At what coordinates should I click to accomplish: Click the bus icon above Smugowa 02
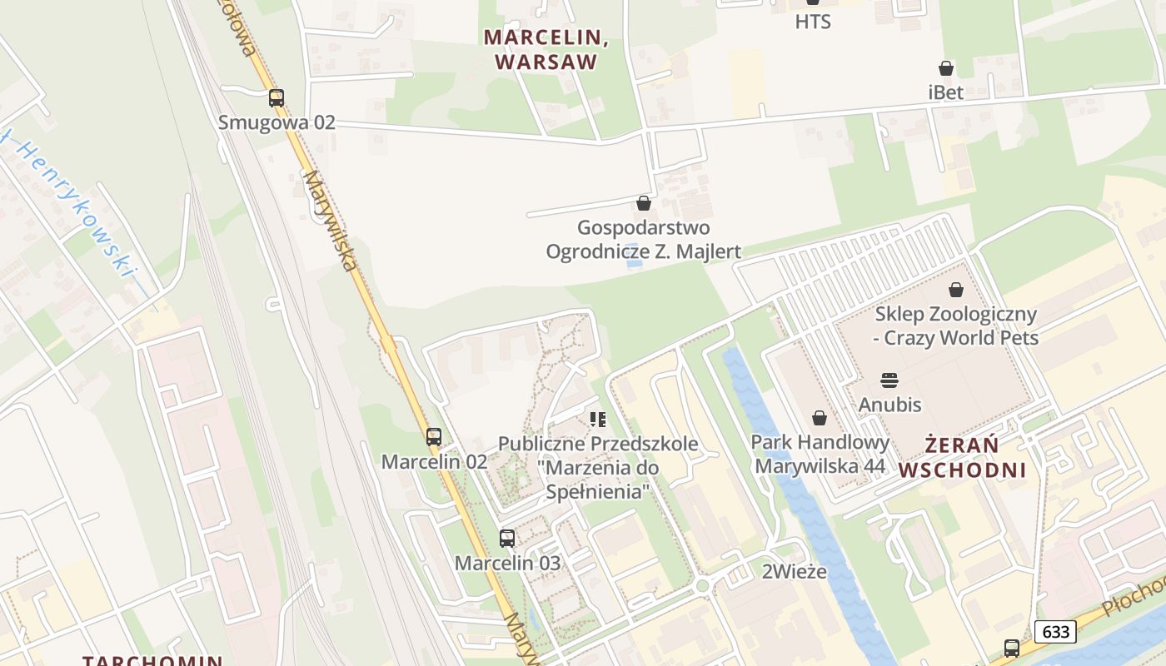277,98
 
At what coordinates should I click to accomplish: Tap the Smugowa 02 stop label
277,122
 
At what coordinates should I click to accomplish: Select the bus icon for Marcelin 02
434,437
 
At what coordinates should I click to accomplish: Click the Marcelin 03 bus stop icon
507,539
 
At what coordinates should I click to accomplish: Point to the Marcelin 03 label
507,563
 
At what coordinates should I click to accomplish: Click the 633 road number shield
1055,632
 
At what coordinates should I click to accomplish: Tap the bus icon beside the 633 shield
1012,648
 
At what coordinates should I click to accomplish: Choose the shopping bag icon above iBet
946,68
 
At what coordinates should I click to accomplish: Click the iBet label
946,92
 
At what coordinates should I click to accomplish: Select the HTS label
813,22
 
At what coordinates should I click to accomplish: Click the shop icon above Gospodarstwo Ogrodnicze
643,203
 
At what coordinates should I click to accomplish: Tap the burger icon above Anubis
889,381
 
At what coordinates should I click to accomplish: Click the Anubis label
889,405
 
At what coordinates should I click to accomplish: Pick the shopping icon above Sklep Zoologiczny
956,290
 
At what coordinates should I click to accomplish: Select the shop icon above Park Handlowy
820,418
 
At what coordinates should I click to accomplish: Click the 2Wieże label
795,572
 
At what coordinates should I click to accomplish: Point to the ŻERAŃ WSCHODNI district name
962,457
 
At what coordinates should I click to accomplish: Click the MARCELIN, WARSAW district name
542,49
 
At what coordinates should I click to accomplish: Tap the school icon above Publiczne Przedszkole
597,420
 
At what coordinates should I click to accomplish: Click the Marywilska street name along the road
331,221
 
